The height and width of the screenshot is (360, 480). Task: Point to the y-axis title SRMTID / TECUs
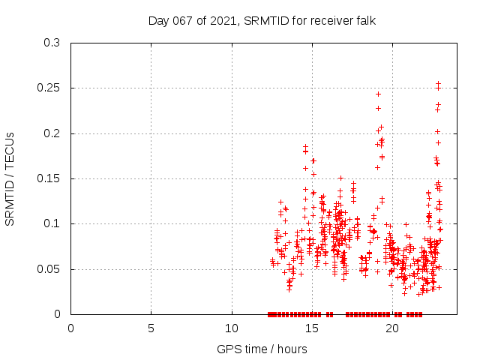pos(10,178)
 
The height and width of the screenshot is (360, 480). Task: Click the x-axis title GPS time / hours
pos(262,349)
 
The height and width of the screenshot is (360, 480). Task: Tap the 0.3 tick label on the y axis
pos(52,43)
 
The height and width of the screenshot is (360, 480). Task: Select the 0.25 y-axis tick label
pos(49,88)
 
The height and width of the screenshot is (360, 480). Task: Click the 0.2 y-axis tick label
pos(52,133)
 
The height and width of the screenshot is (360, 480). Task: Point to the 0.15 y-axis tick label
pos(49,178)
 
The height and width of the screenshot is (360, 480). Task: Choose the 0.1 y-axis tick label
pos(52,224)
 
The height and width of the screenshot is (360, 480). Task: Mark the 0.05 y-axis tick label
pos(49,269)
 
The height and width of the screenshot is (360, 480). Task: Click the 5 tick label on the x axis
pos(151,328)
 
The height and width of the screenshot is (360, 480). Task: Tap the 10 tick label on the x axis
pos(232,328)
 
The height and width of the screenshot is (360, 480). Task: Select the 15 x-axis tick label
pos(312,328)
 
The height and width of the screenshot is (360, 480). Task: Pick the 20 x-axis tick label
pos(392,328)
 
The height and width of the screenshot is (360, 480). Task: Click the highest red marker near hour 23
pos(439,84)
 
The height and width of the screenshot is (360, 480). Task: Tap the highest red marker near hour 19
pos(379,94)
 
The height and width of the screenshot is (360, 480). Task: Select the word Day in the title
pos(158,20)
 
